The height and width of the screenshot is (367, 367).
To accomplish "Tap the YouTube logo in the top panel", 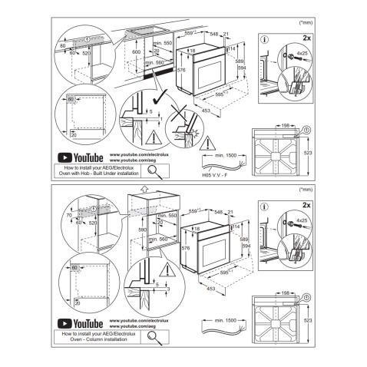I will click(x=81, y=157).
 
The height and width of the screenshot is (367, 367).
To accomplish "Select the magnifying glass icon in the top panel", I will click(x=157, y=170).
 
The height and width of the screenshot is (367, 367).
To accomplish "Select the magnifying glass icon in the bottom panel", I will click(x=157, y=337).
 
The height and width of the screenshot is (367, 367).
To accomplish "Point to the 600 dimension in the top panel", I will click(x=136, y=51).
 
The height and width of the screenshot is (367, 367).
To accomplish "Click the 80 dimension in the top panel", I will click(x=61, y=47).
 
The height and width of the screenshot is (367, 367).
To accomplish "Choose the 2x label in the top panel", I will click(x=307, y=36).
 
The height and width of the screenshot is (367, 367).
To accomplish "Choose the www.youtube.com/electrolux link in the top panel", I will click(x=134, y=154).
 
